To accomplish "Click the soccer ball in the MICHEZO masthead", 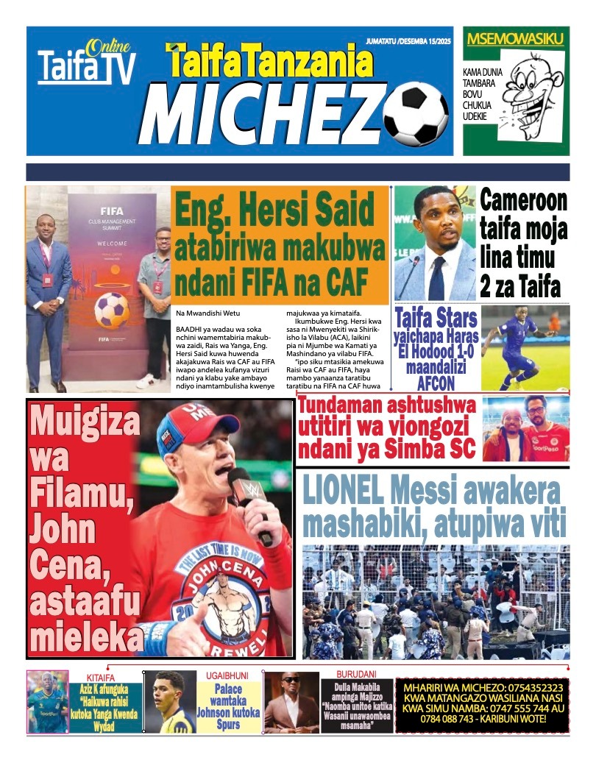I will pyautogui.click(x=416, y=113).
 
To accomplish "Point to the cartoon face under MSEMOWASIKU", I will pyautogui.click(x=533, y=93).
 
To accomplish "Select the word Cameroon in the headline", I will pyautogui.click(x=524, y=201).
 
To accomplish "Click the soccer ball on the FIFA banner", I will pyautogui.click(x=112, y=309).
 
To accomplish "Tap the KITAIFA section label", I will pyautogui.click(x=101, y=677).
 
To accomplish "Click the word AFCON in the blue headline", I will pyautogui.click(x=436, y=383).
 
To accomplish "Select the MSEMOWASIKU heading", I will pyautogui.click(x=515, y=39).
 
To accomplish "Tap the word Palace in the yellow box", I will pyautogui.click(x=228, y=689).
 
